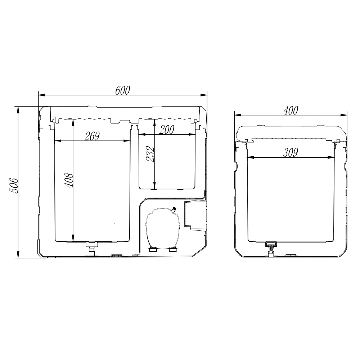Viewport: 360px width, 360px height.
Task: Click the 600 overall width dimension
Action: (123, 91)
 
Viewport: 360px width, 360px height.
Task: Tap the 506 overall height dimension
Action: (14, 185)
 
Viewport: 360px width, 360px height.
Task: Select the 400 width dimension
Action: (291, 111)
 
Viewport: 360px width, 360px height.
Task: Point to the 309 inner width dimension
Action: (291, 153)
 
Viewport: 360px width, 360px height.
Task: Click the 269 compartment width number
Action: (92, 136)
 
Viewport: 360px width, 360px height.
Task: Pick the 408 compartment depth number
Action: (69, 180)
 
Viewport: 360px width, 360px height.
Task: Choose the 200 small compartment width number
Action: (167, 130)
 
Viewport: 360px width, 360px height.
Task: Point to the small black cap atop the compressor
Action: (174, 209)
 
